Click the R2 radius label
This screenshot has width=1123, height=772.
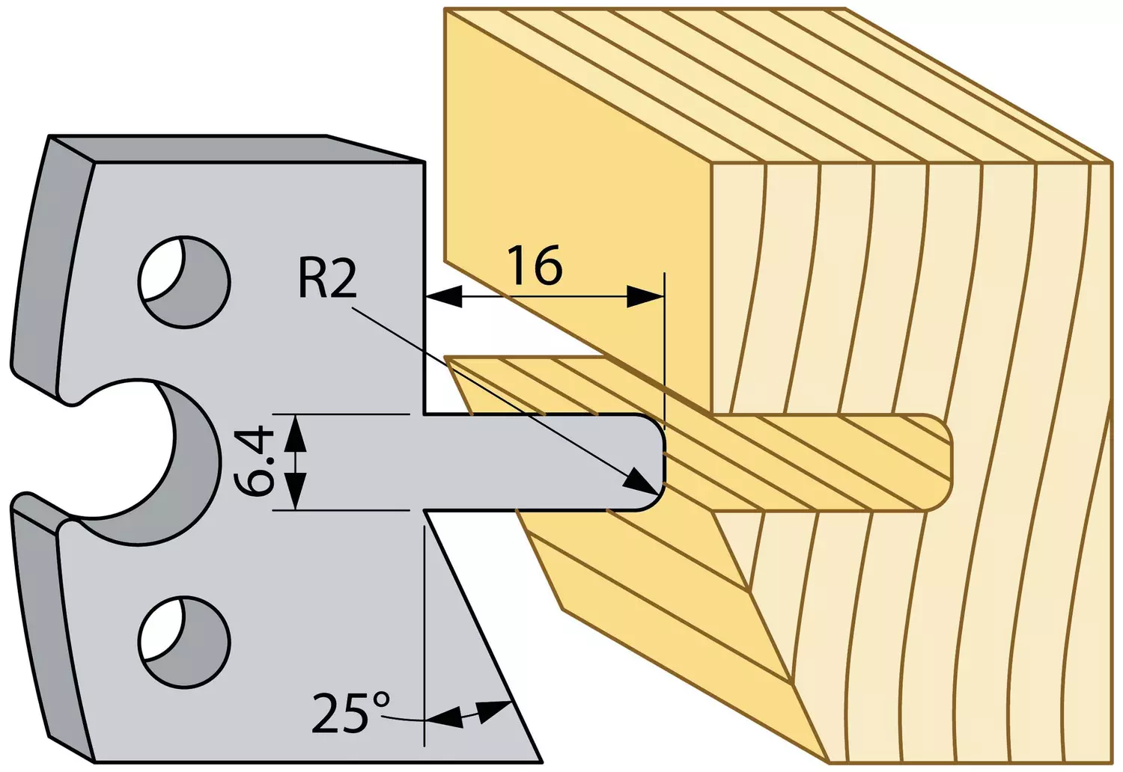(327, 279)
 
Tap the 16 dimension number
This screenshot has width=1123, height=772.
(535, 266)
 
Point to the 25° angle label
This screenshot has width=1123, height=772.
(350, 712)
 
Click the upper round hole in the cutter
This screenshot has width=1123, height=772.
(184, 282)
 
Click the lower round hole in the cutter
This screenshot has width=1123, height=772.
(184, 643)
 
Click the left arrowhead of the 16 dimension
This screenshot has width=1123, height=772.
(444, 296)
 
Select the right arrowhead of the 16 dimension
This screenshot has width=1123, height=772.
(645, 296)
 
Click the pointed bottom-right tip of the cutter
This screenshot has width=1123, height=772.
(541, 762)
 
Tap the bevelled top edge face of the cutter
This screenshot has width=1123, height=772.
(236, 149)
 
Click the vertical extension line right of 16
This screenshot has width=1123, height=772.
(664, 351)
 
